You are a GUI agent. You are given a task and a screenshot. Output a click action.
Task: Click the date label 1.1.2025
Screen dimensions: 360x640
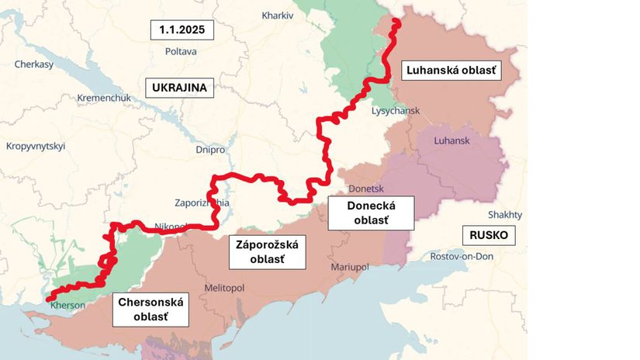tap(182, 30)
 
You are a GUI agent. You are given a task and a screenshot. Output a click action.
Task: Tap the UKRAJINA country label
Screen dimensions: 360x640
tap(180, 88)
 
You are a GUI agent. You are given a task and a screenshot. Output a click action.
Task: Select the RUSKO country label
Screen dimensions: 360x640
tap(489, 236)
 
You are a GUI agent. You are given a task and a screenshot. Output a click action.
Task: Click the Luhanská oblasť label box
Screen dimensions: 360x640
tap(451, 71)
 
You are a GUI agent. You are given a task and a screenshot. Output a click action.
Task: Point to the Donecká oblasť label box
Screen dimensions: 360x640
tap(371, 213)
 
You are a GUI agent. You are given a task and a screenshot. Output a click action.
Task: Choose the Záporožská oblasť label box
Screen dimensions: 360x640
tap(266, 251)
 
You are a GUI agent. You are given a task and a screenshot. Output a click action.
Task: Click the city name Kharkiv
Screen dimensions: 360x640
tap(277, 15)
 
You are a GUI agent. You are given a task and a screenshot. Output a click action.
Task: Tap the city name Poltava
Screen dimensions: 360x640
tap(181, 51)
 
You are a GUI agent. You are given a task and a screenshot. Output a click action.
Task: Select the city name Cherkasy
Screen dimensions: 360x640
tap(33, 64)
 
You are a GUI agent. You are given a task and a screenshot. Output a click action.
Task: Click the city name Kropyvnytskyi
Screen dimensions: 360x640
tap(36, 146)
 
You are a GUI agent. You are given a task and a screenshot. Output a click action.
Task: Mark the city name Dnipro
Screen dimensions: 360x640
tap(211, 149)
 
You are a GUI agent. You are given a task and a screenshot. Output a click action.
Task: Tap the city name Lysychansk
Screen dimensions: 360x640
tap(396, 111)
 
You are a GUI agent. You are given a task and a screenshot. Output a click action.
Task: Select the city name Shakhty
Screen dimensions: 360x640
tap(505, 215)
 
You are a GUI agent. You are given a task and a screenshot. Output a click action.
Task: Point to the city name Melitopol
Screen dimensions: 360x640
tap(224, 288)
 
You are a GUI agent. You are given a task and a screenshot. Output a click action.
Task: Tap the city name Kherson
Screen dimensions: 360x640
tap(67, 305)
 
